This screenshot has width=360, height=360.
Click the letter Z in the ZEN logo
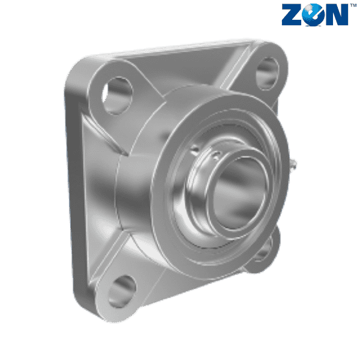(x=292, y=14)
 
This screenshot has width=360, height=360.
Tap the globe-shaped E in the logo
(x=313, y=14)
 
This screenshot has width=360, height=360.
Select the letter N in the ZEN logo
(x=337, y=14)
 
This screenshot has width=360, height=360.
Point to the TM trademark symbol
(x=353, y=5)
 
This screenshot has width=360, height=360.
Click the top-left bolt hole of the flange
(x=117, y=95)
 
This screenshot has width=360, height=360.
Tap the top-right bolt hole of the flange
(x=268, y=73)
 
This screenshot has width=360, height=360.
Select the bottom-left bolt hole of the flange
(x=121, y=291)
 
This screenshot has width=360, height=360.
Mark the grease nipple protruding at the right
(x=293, y=164)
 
